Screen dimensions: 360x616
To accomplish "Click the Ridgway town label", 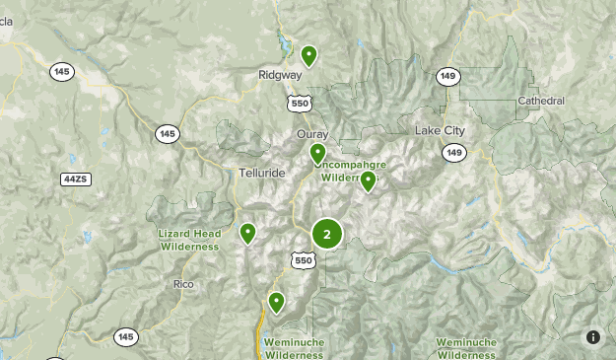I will [x=279, y=74].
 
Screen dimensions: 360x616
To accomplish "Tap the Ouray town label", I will [x=311, y=134].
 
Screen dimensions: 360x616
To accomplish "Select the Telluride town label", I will [x=261, y=173].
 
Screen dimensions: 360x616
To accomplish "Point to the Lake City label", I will [x=441, y=131].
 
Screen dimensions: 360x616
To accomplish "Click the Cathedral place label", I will [x=541, y=101].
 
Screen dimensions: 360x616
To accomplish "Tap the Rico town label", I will [x=184, y=284].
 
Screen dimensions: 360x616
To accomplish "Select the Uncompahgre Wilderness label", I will [x=352, y=169].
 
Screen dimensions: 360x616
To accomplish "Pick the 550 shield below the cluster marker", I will [x=303, y=259].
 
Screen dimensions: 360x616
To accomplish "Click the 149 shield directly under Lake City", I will [x=453, y=152].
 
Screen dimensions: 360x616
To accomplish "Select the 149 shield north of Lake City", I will [x=447, y=76].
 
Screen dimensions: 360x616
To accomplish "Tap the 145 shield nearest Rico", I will [x=125, y=337].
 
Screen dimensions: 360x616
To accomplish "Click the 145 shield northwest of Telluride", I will [x=167, y=133].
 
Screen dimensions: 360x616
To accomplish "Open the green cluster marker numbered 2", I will [x=327, y=235].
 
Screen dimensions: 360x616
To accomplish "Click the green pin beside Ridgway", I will [x=309, y=55].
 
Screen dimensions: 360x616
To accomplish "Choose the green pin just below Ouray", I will [x=317, y=154].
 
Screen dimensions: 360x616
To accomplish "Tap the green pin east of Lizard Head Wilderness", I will [x=247, y=233].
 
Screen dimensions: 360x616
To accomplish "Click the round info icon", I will [x=593, y=337].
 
